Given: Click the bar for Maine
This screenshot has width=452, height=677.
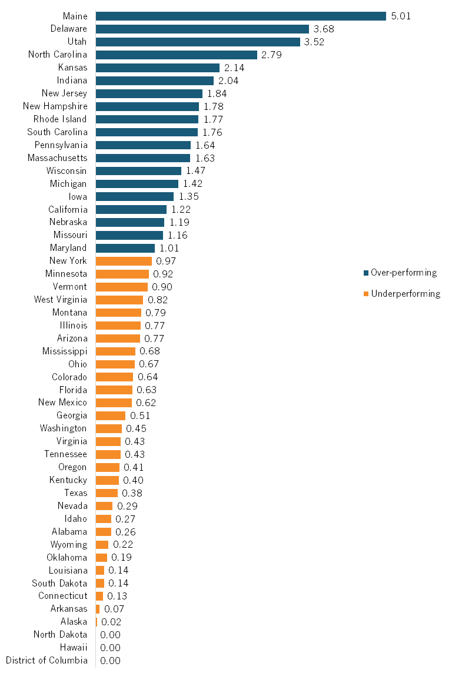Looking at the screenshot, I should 241,16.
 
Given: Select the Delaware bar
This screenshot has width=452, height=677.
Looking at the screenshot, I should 202,29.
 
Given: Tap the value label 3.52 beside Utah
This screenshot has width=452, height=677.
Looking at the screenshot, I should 314,42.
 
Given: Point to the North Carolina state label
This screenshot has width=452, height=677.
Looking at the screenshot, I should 58,55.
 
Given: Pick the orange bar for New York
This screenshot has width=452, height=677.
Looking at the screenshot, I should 124,261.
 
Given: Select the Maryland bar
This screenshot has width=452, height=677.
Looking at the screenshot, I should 125,248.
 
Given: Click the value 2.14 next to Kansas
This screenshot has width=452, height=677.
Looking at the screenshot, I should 234,68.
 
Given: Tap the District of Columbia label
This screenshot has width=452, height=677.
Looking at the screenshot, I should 46,661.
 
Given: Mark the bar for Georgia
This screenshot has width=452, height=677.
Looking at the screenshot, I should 111,415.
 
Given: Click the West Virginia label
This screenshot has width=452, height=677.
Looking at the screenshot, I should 60,300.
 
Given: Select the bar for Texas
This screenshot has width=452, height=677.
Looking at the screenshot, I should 107,493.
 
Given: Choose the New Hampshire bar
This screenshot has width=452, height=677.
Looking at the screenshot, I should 147,106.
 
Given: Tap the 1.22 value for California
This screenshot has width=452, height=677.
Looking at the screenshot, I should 181,209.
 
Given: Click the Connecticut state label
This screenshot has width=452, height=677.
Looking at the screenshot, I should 62,596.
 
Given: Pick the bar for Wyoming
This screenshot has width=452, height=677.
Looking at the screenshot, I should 102,545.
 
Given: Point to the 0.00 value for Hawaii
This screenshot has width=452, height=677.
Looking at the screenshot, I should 110,648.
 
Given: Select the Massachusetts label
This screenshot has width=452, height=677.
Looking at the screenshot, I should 58,158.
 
